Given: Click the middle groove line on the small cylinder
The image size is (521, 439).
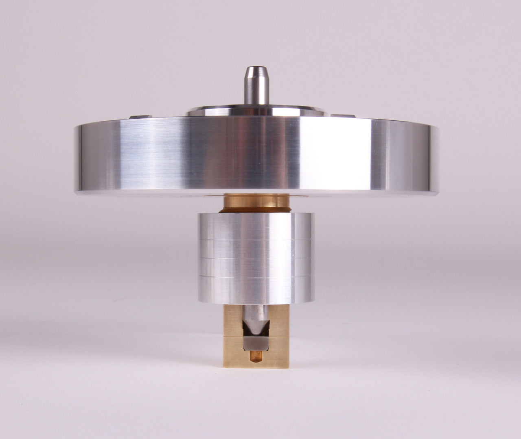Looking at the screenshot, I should (x=255, y=258).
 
